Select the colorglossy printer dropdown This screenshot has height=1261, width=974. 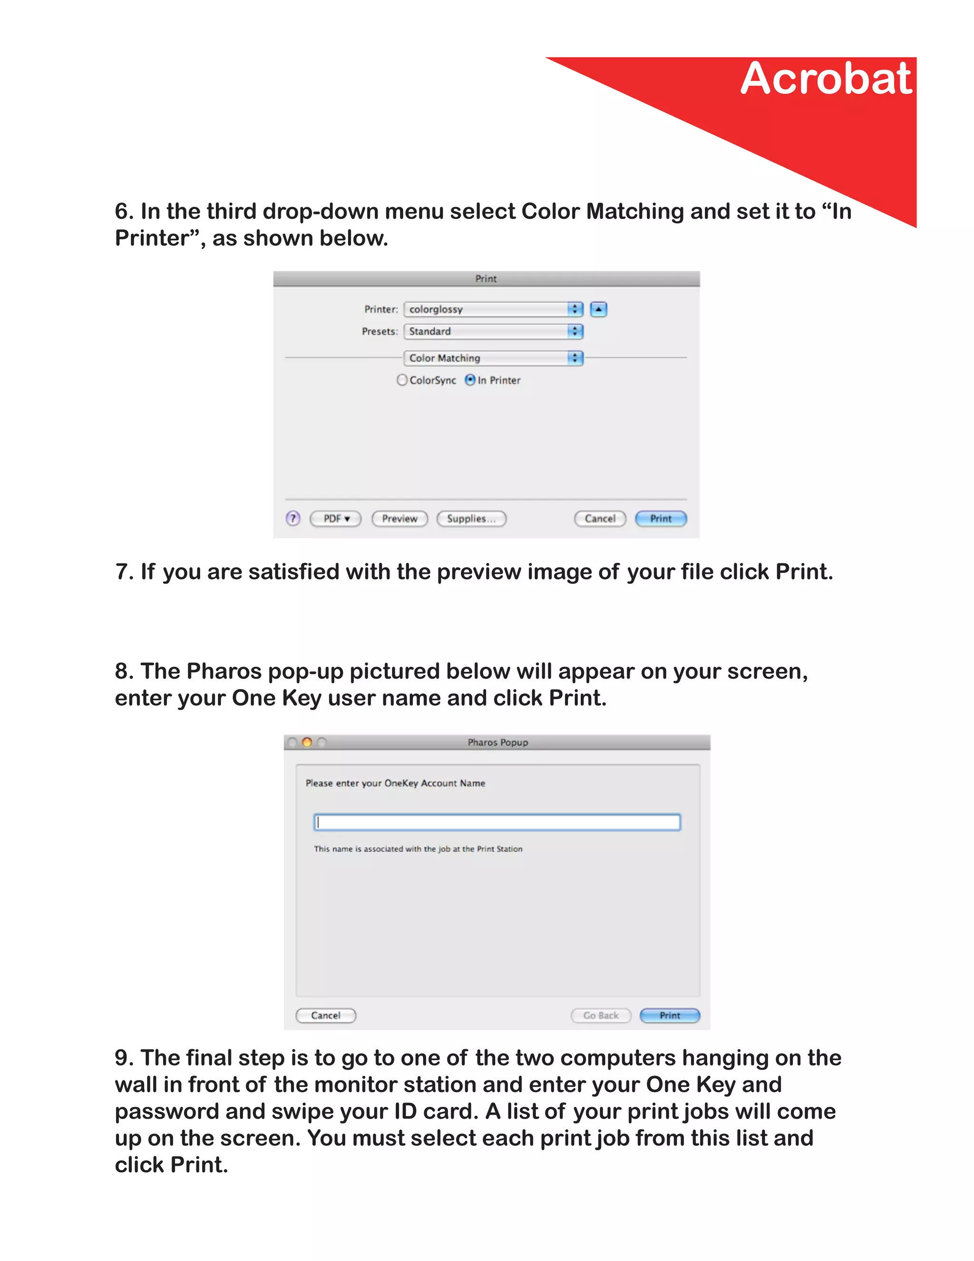[493, 309]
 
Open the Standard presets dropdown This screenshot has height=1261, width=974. [493, 331]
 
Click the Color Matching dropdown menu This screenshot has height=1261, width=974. [493, 358]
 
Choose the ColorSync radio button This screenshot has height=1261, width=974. [402, 380]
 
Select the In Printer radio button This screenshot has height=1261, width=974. [470, 380]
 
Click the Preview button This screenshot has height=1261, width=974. [399, 519]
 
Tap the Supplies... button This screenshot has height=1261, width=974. [471, 519]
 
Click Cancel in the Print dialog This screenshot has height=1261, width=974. [600, 519]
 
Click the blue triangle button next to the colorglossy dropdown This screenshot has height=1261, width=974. [598, 309]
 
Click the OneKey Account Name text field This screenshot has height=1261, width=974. [497, 822]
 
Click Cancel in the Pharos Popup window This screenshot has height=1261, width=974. [325, 1015]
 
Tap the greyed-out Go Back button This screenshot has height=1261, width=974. [601, 1015]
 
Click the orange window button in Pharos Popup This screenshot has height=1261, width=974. [307, 742]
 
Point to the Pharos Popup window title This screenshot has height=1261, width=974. [497, 742]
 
